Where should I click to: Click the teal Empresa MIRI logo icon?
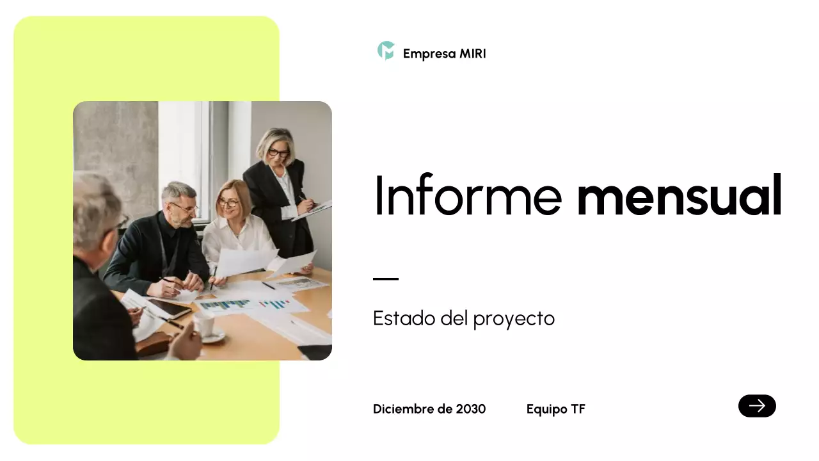click(x=386, y=51)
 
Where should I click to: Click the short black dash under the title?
click(x=386, y=279)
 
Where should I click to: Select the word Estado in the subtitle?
click(x=404, y=318)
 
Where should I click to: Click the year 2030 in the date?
click(x=471, y=409)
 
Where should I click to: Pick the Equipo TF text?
click(x=555, y=409)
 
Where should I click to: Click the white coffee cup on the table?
click(x=205, y=325)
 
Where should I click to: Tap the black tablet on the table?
click(x=168, y=309)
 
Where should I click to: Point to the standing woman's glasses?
click(x=278, y=153)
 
